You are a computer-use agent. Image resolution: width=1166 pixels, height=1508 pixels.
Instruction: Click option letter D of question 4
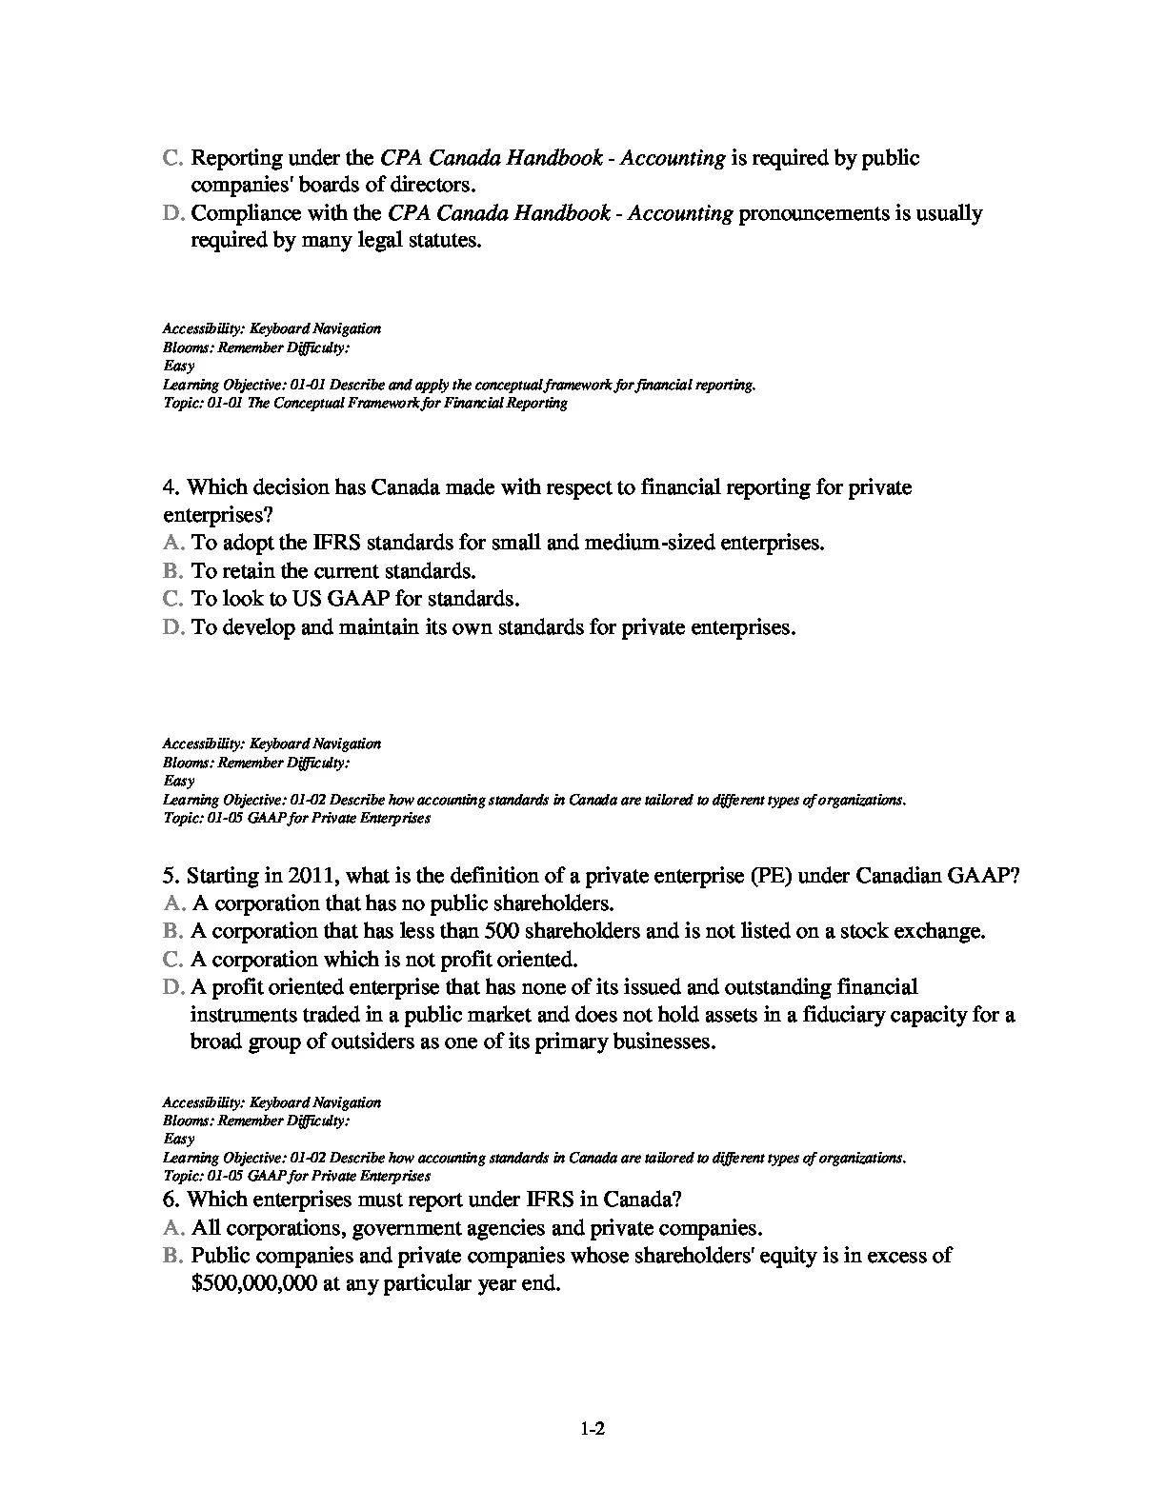pyautogui.click(x=173, y=628)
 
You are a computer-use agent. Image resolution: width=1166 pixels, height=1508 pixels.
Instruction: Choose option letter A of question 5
pyautogui.click(x=173, y=903)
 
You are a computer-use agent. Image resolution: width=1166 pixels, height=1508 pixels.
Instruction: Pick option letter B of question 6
pyautogui.click(x=173, y=1256)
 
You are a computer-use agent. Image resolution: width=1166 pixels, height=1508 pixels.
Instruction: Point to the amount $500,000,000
pyautogui.click(x=253, y=1284)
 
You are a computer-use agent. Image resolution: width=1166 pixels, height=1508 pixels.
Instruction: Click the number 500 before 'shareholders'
pyautogui.click(x=502, y=931)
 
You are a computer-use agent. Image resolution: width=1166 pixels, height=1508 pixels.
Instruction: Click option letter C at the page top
pyautogui.click(x=173, y=158)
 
